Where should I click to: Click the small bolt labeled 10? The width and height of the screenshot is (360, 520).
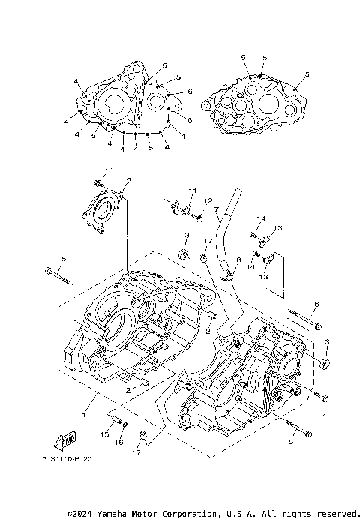point(98,182)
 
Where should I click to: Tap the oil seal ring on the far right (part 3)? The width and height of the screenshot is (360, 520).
point(325,364)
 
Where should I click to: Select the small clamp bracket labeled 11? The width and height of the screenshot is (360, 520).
point(178,205)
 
